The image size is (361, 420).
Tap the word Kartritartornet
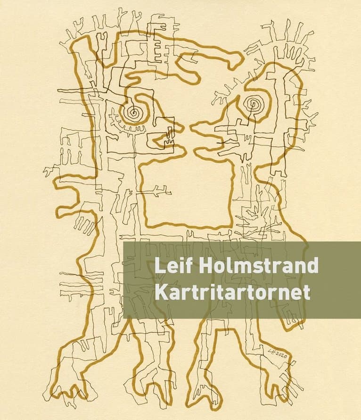[x=232, y=293]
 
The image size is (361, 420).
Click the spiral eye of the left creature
[x=134, y=112]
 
